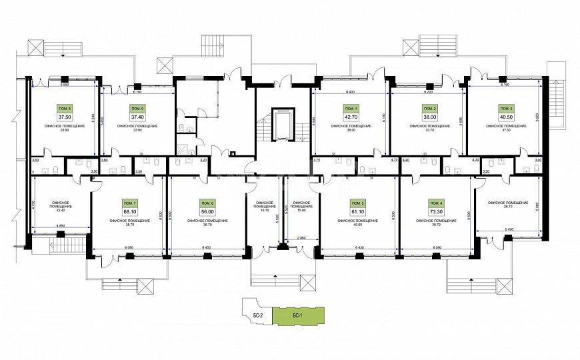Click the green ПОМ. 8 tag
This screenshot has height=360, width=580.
click(65, 108)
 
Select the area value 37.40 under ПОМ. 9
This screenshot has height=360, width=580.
click(137, 116)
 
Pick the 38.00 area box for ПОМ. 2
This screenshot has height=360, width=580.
click(430, 116)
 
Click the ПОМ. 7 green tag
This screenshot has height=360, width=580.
click(130, 202)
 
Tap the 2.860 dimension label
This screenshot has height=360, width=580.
click(300, 237)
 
